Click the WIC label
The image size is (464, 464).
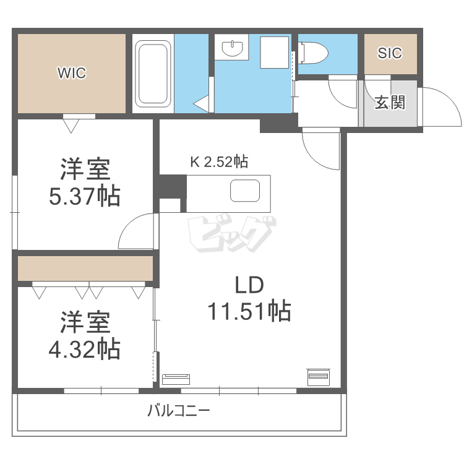tap(72, 74)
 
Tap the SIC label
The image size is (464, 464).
tap(390, 53)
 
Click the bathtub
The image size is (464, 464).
tap(153, 73)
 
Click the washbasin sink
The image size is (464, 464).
tap(232, 47)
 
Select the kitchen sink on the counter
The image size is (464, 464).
tap(245, 191)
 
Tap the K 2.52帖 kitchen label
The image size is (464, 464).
tap(219, 162)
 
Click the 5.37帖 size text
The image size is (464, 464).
tap(85, 197)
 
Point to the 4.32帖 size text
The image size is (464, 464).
tap(85, 350)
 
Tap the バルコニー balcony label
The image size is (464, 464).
tap(179, 410)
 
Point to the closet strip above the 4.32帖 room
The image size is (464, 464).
tap(85, 268)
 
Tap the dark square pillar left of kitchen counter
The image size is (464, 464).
tap(171, 186)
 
